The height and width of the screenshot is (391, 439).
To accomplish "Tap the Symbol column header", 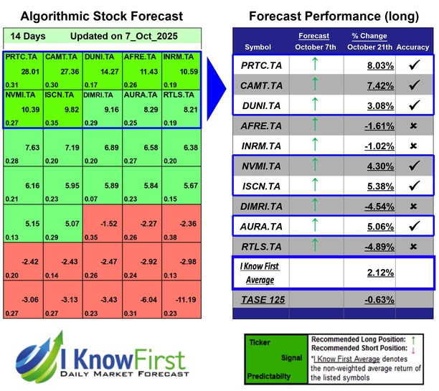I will (x=258, y=47).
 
